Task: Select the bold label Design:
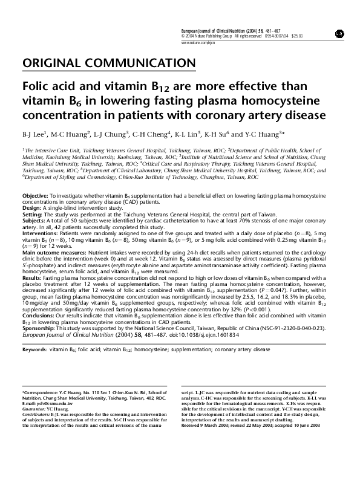tap(32, 208)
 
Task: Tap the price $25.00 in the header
tap(296, 36)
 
